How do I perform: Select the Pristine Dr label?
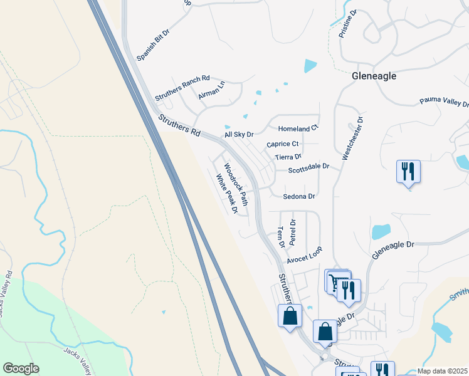point(347,24)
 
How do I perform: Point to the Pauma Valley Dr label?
point(444,102)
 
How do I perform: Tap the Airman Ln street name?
point(211,91)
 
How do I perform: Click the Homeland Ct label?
point(298,128)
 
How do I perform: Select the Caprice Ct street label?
point(283,144)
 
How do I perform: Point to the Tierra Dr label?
point(288,157)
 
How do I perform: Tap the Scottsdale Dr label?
point(308,167)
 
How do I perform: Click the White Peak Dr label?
point(226,194)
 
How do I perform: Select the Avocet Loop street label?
point(304,254)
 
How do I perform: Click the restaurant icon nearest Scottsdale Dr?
point(408,172)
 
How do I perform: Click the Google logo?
point(21,368)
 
